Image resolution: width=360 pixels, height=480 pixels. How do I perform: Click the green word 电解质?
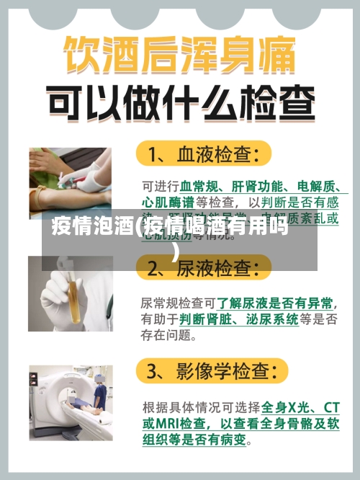(x=312, y=185)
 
